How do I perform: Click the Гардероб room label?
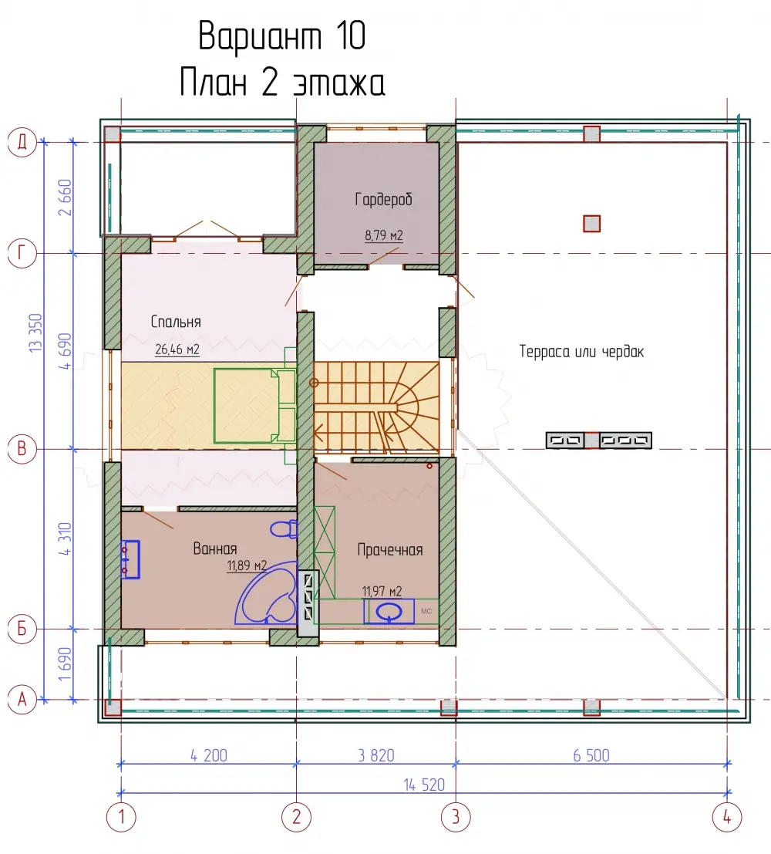click(383, 199)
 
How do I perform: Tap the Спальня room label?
click(176, 322)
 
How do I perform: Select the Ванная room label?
click(215, 549)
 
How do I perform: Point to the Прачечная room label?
click(390, 549)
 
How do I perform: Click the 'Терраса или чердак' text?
click(581, 351)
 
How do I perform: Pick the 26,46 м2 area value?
click(177, 349)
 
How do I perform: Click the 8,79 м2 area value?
click(384, 235)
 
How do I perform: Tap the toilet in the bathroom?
click(284, 529)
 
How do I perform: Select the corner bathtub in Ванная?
click(267, 594)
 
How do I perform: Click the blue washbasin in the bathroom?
click(130, 559)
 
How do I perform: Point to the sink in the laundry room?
click(389, 613)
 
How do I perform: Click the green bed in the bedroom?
click(254, 406)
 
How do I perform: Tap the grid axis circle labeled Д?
click(22, 143)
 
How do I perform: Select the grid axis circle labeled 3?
click(456, 816)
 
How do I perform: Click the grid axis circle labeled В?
click(22, 449)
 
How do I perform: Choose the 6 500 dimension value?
click(591, 755)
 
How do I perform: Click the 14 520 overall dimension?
click(424, 785)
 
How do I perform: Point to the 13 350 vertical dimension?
click(35, 332)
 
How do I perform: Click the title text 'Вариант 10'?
click(281, 36)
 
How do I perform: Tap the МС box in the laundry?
click(426, 612)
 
